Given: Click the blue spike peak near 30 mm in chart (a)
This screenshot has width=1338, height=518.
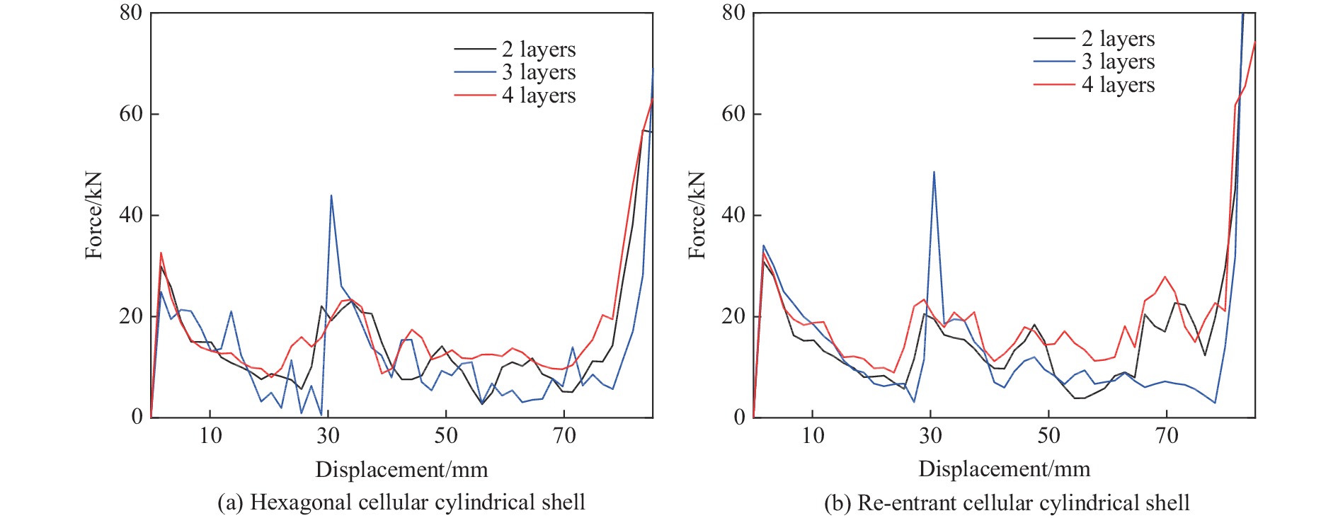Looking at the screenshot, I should (331, 195).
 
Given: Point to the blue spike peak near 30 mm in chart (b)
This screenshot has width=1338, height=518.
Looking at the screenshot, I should (934, 172).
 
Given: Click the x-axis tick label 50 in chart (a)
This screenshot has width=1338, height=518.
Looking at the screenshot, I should (446, 435).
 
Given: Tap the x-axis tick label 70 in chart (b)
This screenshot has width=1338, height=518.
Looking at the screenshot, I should (1167, 435).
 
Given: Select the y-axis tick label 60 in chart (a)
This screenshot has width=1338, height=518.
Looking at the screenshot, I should (131, 114).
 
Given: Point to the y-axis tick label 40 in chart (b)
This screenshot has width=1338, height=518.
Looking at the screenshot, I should (733, 215).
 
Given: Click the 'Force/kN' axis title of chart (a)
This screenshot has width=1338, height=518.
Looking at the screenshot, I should (94, 215).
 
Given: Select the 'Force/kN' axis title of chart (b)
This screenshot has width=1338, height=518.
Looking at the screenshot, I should (697, 215).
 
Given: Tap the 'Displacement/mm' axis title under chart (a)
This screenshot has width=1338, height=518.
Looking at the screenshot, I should (401, 469).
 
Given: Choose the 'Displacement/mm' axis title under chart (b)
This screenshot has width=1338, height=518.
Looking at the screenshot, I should (1004, 469).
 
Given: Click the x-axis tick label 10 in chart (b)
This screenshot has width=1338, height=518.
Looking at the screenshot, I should (813, 435).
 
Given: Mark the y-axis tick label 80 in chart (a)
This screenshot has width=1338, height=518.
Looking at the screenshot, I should (131, 13).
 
